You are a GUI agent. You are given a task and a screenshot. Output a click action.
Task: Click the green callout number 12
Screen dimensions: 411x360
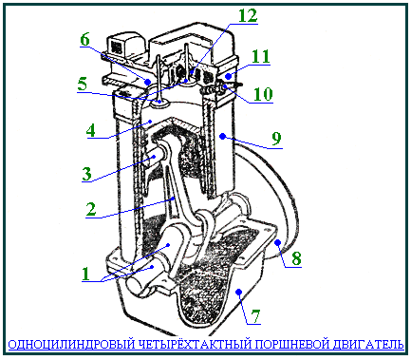248,16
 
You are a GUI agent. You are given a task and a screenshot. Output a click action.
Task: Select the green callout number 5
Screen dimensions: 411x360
82,85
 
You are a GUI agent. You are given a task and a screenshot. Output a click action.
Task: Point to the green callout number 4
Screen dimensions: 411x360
91,130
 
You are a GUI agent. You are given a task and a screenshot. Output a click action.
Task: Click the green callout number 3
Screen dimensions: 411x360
86,174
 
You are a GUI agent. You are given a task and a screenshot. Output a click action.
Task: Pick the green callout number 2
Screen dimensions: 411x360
91,209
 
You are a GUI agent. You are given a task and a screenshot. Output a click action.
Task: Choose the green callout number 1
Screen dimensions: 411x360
85,274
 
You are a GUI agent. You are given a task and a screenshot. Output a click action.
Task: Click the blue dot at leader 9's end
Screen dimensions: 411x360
222,137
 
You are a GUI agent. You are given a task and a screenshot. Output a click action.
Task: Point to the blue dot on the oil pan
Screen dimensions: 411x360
239,291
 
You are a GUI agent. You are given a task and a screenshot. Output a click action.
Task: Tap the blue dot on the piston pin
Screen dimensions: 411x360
154,157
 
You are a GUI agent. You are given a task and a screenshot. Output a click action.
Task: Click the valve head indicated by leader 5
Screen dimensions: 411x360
160,104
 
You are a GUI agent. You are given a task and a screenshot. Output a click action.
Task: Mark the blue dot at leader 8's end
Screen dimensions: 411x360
277,243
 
